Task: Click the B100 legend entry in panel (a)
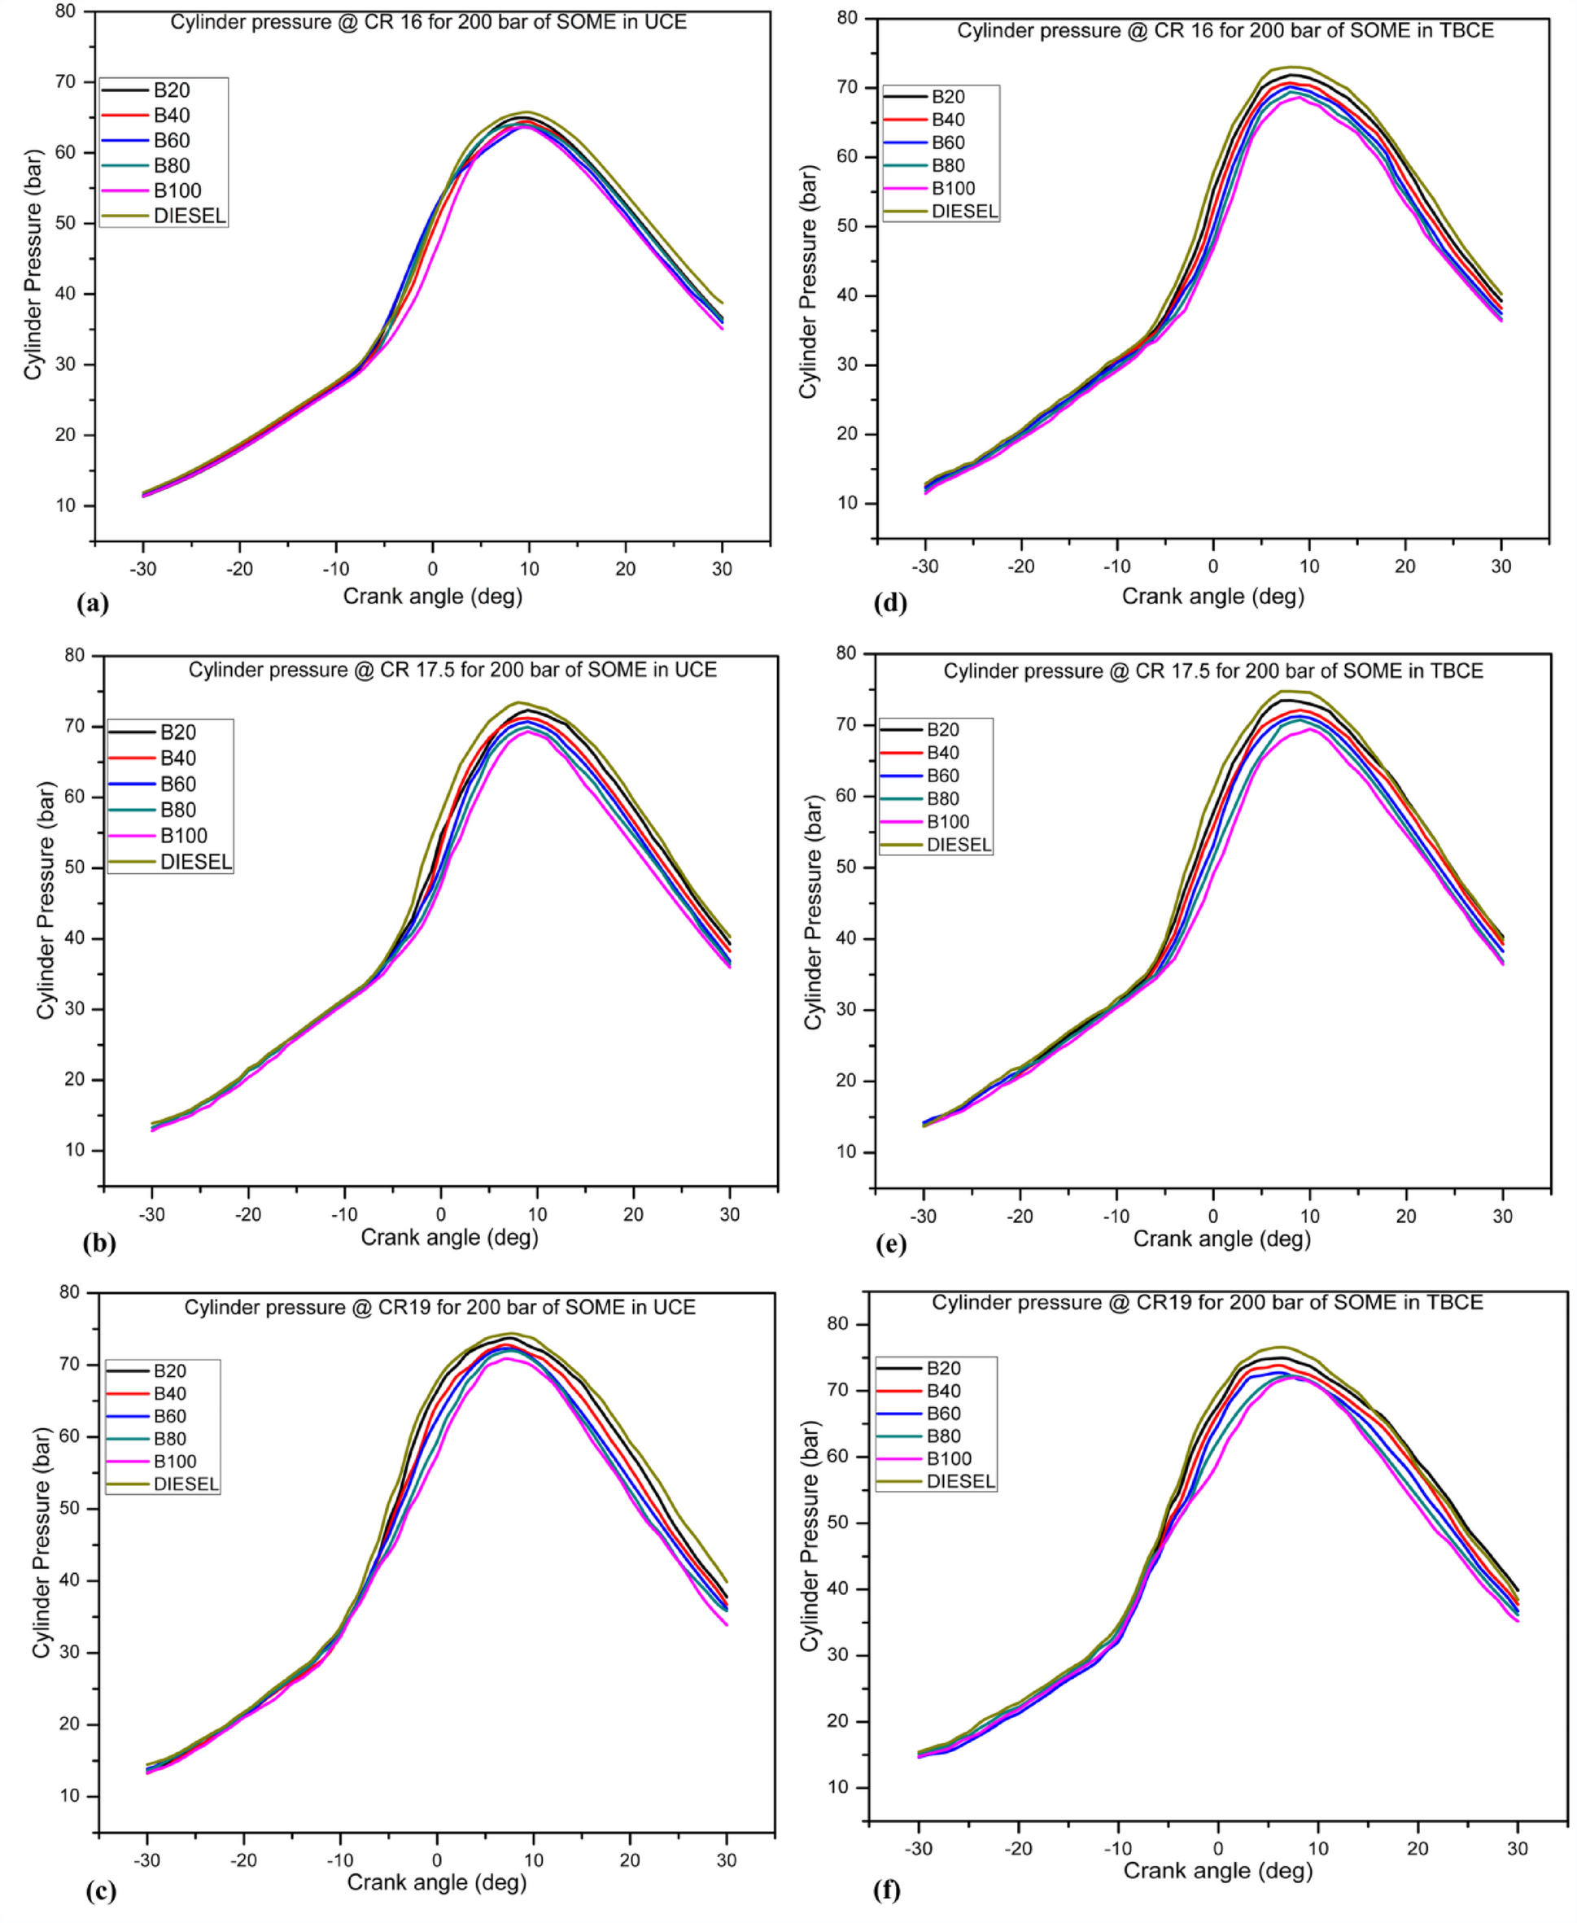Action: coord(177,190)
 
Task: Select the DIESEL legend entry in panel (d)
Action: coord(963,212)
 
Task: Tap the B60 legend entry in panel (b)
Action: coord(178,784)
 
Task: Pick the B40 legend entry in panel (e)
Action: coord(944,753)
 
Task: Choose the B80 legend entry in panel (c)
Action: coord(169,1439)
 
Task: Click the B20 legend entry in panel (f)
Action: coord(943,1368)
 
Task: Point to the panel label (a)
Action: coord(94,603)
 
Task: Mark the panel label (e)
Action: coord(890,1244)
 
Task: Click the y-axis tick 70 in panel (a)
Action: coord(66,81)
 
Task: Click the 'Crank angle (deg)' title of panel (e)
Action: coord(1222,1239)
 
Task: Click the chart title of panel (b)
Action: coord(452,671)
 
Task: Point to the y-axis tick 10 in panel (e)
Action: coord(845,1152)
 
